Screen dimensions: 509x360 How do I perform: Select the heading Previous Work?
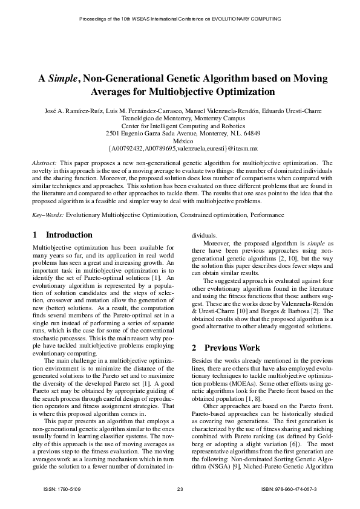(x=232, y=348)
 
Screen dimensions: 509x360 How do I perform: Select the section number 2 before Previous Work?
(x=194, y=348)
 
